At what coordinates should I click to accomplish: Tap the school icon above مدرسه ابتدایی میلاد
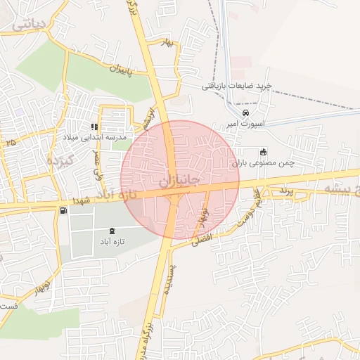pos(94,127)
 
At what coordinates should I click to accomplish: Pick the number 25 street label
pos(10,143)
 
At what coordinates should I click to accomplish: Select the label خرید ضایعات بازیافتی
pos(236,86)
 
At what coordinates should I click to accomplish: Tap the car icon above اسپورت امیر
pos(245,112)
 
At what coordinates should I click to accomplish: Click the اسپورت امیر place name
pos(245,123)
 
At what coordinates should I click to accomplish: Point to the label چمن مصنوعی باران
pos(264,162)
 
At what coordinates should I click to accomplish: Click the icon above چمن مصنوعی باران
pos(264,152)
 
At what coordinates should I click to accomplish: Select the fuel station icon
pos(64,210)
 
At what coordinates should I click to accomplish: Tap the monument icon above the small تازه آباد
pos(113,231)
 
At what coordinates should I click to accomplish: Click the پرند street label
pos(281,191)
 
